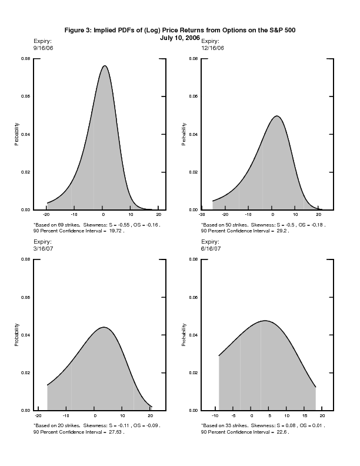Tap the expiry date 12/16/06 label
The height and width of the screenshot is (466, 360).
[x=212, y=48]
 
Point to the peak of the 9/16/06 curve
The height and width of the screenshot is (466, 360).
[x=104, y=66]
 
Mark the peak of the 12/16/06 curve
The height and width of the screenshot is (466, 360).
[x=276, y=116]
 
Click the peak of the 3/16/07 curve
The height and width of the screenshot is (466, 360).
[x=104, y=327]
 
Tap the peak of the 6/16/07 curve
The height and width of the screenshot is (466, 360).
[x=265, y=321]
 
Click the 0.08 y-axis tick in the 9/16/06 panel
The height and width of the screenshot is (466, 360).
[x=26, y=59]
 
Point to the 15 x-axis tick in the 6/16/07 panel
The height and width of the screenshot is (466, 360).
[x=305, y=415]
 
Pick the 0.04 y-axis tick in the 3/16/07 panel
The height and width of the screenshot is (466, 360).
[x=26, y=335]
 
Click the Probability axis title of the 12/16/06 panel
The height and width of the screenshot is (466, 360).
[x=184, y=134]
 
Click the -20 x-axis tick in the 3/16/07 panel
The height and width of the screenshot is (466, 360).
[x=39, y=415]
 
